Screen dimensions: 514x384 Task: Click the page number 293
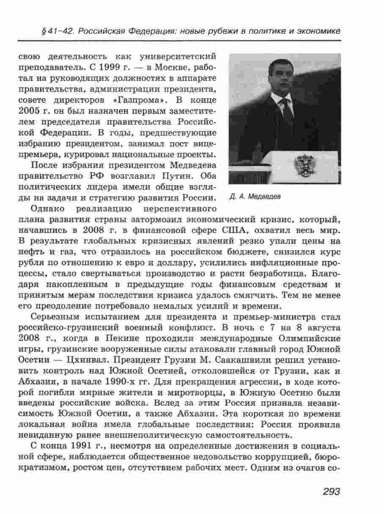click(x=332, y=491)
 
